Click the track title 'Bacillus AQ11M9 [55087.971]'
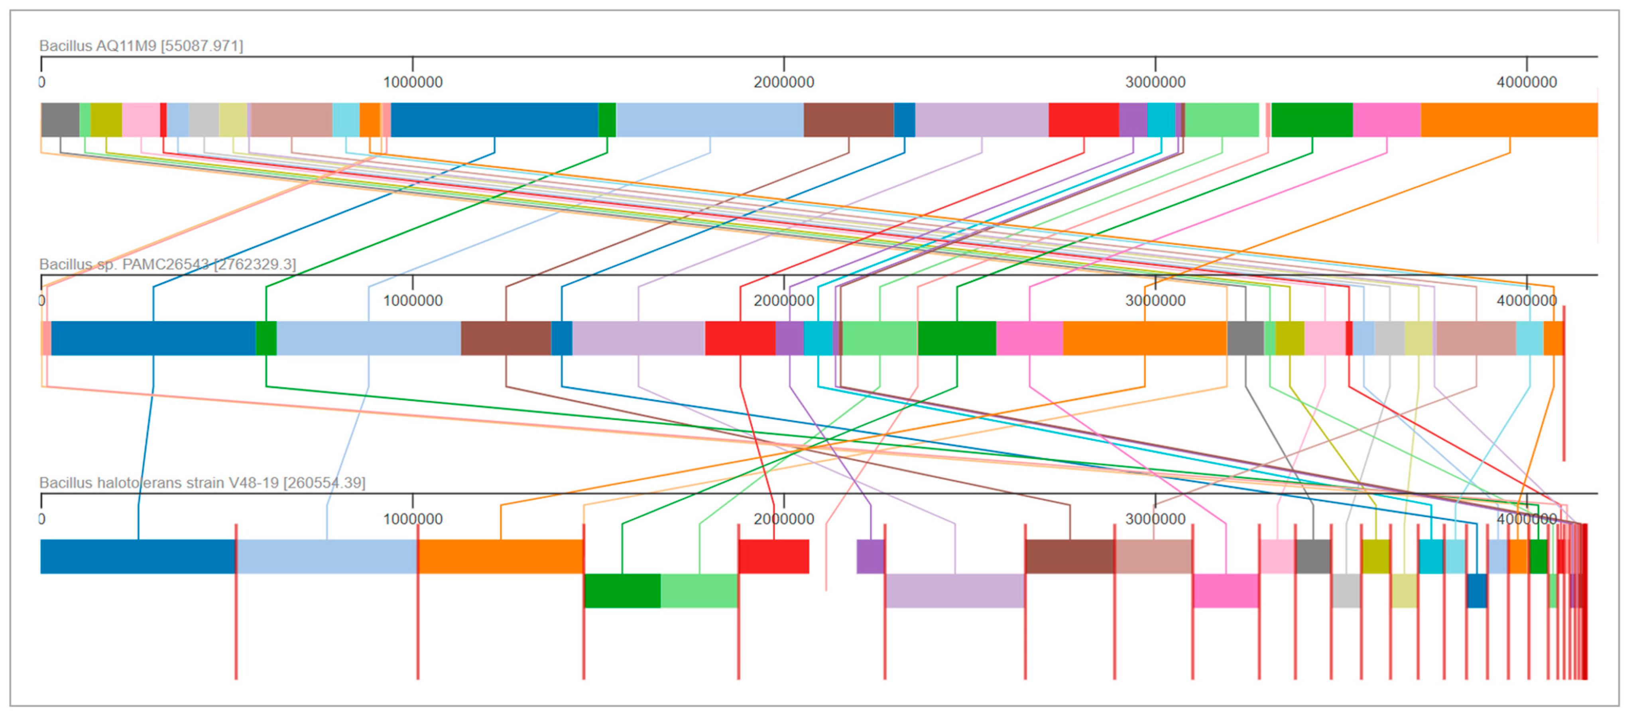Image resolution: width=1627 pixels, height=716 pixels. click(x=141, y=46)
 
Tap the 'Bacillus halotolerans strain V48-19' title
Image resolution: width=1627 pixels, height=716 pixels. click(x=202, y=483)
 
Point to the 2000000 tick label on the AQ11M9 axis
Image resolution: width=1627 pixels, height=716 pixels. click(x=784, y=82)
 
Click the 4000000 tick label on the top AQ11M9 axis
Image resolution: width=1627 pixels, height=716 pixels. click(x=1527, y=82)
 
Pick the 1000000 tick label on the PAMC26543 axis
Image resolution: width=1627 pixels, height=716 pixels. click(x=413, y=300)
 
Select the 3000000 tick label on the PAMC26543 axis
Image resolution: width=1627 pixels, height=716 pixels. click(x=1155, y=300)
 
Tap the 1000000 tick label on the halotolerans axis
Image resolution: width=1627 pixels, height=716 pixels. click(x=413, y=519)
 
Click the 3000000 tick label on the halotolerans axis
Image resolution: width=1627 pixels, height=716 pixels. click(x=1155, y=519)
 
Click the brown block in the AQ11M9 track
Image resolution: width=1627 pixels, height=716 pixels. click(x=848, y=120)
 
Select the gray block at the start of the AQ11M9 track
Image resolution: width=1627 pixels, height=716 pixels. click(x=60, y=120)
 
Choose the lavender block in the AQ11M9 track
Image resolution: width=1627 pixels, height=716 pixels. click(x=982, y=120)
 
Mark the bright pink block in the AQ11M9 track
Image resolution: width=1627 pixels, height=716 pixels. click(x=1386, y=120)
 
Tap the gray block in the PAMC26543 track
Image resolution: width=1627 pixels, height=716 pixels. click(x=1245, y=338)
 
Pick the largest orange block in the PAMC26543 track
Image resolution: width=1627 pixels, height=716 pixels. click(x=1145, y=338)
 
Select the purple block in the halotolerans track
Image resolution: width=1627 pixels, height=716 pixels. click(x=870, y=557)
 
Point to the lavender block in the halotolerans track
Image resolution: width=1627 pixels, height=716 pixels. click(x=954, y=591)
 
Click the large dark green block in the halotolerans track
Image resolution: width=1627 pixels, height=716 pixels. click(x=622, y=591)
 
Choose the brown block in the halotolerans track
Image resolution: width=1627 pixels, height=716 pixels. click(x=1069, y=557)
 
